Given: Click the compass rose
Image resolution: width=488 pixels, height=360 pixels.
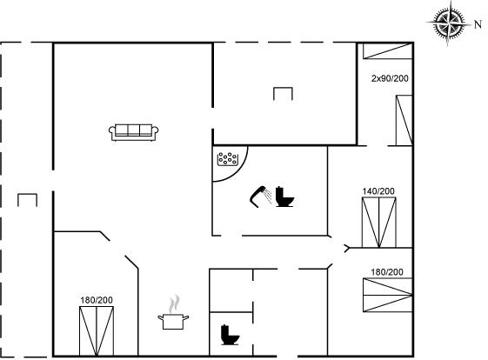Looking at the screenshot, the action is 448,23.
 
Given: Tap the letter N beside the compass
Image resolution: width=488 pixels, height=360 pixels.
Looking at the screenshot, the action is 478,24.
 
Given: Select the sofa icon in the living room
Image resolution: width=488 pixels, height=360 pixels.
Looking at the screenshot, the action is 133,132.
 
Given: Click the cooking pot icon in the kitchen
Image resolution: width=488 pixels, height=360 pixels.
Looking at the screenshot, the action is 173,322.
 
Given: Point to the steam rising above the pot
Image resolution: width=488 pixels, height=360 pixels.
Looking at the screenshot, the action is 174,303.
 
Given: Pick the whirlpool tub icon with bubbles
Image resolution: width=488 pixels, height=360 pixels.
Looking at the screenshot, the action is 228,159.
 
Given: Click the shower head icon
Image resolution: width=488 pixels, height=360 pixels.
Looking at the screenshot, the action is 261,197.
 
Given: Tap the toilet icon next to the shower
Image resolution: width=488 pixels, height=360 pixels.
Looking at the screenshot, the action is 284,197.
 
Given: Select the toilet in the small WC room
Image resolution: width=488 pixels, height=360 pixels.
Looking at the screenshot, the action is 230,335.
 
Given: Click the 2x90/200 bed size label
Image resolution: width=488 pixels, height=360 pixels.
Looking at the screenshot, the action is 390,78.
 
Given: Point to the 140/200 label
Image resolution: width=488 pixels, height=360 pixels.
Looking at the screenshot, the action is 378,191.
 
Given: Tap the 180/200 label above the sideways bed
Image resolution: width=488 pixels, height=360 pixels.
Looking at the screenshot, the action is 387,272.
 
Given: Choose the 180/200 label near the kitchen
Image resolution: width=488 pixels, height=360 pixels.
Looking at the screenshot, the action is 97,300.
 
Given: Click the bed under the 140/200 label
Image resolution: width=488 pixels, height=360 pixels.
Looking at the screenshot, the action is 378,223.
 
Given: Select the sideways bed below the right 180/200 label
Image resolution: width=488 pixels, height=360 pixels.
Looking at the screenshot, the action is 388,295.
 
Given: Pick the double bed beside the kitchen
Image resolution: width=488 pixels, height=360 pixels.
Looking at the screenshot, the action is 97,331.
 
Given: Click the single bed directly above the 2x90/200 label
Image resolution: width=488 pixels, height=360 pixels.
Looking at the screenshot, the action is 388,51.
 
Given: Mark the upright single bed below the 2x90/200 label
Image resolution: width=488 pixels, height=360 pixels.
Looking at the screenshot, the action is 404,120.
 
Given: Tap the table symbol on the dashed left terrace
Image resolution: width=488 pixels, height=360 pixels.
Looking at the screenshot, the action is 27,200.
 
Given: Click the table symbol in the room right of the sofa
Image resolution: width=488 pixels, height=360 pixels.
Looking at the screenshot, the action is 283,94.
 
